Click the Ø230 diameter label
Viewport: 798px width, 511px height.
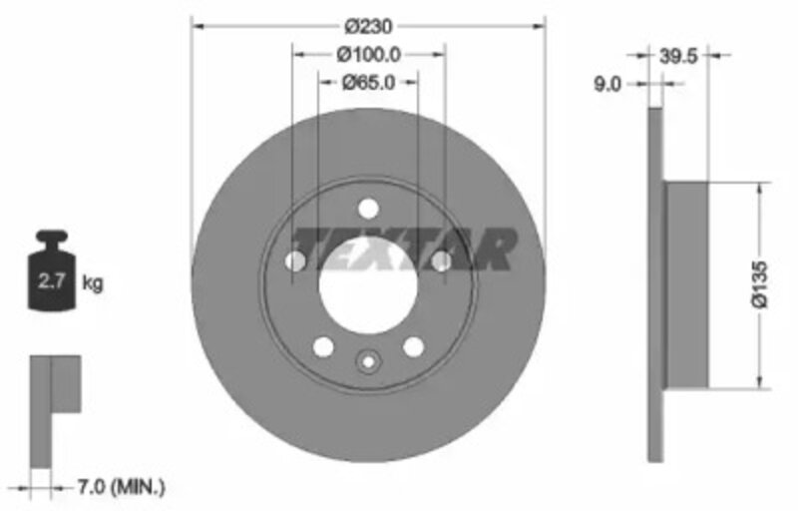(x=368, y=26)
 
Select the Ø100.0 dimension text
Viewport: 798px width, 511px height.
(x=368, y=55)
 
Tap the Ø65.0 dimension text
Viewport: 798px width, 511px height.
(x=368, y=82)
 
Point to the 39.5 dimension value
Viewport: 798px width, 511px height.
(x=678, y=56)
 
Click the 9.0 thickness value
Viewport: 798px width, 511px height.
(x=607, y=84)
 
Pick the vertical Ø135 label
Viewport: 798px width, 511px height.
(x=759, y=284)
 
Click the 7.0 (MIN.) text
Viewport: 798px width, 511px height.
(x=121, y=487)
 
